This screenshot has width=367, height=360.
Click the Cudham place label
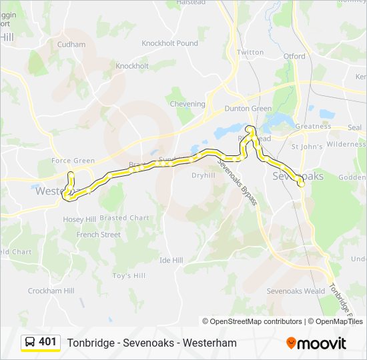pyautogui.click(x=71, y=45)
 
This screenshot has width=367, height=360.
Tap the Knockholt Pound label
pyautogui.click(x=169, y=43)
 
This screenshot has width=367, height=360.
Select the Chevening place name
pyautogui.click(x=188, y=104)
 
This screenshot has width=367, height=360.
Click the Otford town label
pyautogui.click(x=294, y=57)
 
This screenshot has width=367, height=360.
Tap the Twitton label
pyautogui.click(x=250, y=52)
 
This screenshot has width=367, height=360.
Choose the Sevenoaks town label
pyautogui.click(x=298, y=176)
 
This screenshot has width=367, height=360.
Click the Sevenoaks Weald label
pyautogui.click(x=296, y=291)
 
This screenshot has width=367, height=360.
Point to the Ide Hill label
pyautogui.click(x=171, y=260)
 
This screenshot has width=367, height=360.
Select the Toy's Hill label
pyautogui.click(x=129, y=275)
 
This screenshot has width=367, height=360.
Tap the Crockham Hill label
pyautogui.click(x=51, y=291)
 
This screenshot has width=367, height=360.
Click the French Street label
pyautogui.click(x=98, y=235)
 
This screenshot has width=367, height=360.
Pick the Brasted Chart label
pyautogui.click(x=124, y=218)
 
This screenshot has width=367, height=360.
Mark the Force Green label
pyautogui.click(x=73, y=161)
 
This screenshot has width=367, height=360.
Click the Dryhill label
pyautogui.click(x=203, y=175)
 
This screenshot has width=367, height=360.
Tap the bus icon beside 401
pyautogui.click(x=30, y=343)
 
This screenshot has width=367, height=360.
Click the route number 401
pyautogui.click(x=47, y=342)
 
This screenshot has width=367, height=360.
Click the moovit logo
pyautogui.click(x=316, y=343)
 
